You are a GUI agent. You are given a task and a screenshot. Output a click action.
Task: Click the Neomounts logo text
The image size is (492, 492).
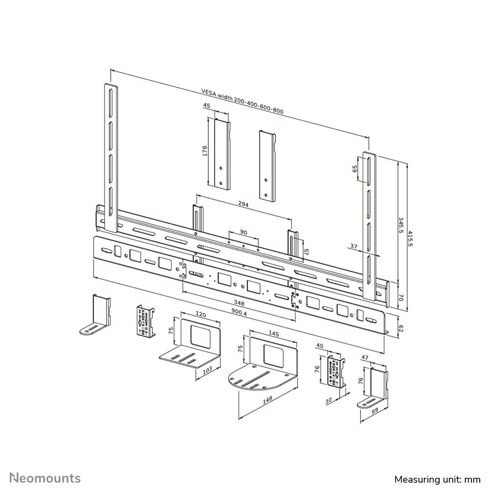pyautogui.click(x=46, y=478)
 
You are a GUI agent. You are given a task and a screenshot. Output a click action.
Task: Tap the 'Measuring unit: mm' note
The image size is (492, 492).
pyautogui.click(x=437, y=479)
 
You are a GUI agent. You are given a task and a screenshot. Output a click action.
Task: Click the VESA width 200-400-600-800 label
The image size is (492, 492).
pyautogui.click(x=243, y=100)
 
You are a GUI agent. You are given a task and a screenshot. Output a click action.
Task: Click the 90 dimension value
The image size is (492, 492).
pyautogui.click(x=244, y=231)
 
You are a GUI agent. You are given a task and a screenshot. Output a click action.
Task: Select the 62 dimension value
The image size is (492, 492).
pyautogui.click(x=400, y=329)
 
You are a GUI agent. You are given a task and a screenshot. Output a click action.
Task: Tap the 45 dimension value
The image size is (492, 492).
pyautogui.click(x=207, y=106)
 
